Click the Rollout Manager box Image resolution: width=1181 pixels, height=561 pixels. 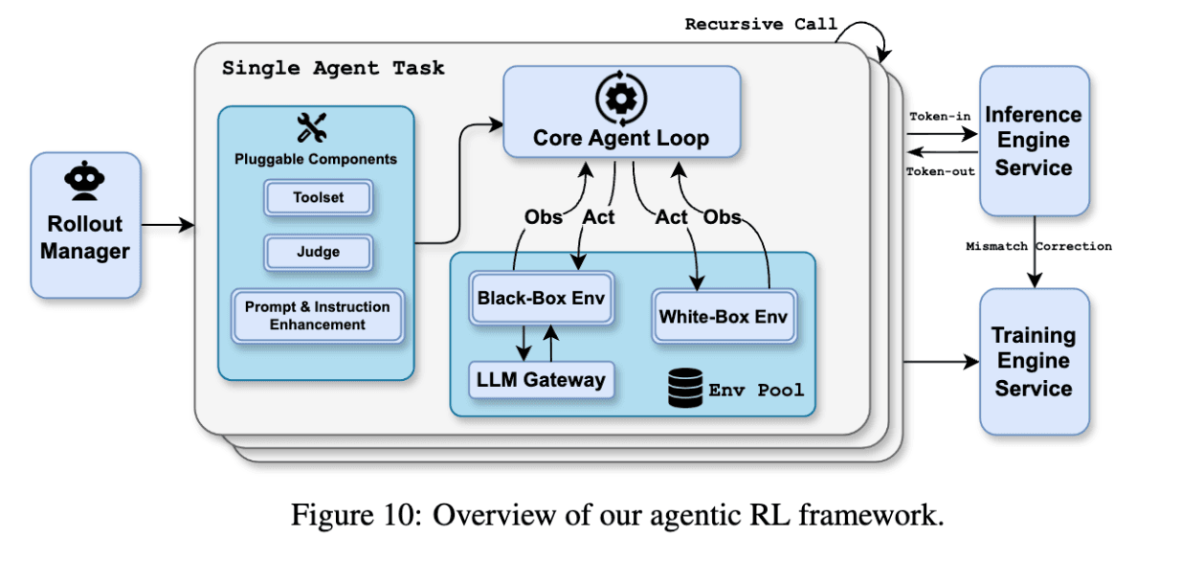pyautogui.click(x=85, y=225)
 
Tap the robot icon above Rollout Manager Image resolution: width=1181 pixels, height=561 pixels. pyautogui.click(x=85, y=181)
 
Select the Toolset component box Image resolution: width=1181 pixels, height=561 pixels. pyautogui.click(x=318, y=198)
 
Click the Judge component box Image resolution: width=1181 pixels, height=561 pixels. pyautogui.click(x=318, y=253)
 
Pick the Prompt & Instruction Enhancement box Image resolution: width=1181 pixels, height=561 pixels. pyautogui.click(x=317, y=316)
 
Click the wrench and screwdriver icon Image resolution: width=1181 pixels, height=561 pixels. pyautogui.click(x=313, y=128)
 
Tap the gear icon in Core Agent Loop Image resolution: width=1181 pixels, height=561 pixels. pyautogui.click(x=621, y=98)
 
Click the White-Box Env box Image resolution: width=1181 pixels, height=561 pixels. pyautogui.click(x=724, y=315)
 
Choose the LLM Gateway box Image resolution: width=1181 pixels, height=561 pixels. pyautogui.click(x=541, y=380)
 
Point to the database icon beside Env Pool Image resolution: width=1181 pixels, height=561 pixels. pyautogui.click(x=682, y=389)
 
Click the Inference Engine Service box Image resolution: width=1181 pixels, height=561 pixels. pyautogui.click(x=1034, y=141)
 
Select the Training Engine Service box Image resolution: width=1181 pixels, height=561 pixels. pyautogui.click(x=1034, y=361)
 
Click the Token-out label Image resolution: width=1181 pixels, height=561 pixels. pyautogui.click(x=940, y=171)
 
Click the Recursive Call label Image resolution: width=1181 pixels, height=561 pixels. pyautogui.click(x=761, y=24)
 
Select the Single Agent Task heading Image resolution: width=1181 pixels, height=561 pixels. pyautogui.click(x=333, y=69)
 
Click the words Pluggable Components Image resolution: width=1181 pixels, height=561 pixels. pyautogui.click(x=316, y=159)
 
